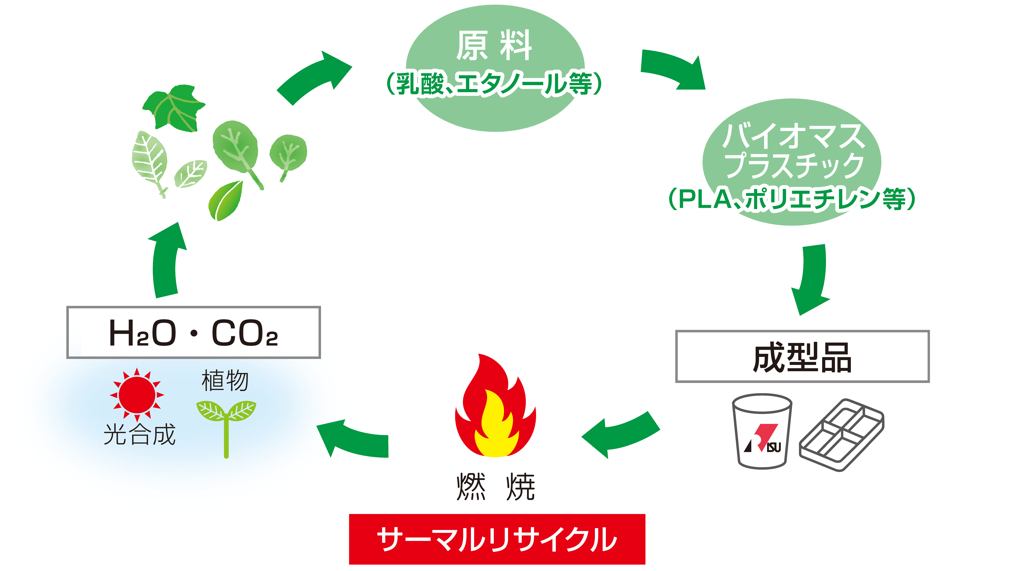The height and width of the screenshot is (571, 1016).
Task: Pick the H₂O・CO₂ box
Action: point(194,332)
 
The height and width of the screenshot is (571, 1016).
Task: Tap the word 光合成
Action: point(139,435)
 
